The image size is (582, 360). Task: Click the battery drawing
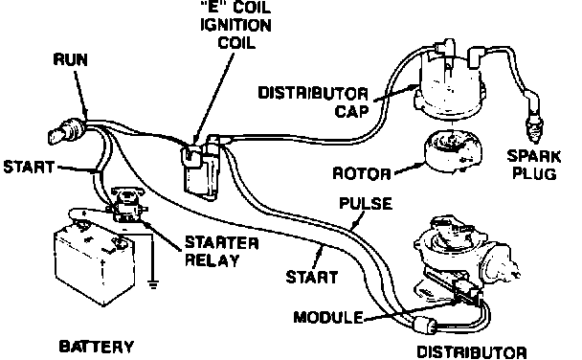pyautogui.click(x=94, y=259)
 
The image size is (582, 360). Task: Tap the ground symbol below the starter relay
pyautogui.click(x=152, y=285)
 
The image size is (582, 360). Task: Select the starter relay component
pyautogui.click(x=127, y=204)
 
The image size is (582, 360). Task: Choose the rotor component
pyautogui.click(x=453, y=151)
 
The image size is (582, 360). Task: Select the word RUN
pyautogui.click(x=71, y=60)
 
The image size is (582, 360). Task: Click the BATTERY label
pyautogui.click(x=97, y=347)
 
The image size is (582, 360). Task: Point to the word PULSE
pyautogui.click(x=366, y=204)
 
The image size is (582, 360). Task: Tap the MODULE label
pyautogui.click(x=328, y=317)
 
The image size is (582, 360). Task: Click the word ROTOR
pyautogui.click(x=362, y=173)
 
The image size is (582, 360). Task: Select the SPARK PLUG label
pyautogui.click(x=534, y=165)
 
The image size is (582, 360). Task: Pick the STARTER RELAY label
pyautogui.click(x=221, y=252)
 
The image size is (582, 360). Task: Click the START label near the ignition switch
pyautogui.click(x=29, y=167)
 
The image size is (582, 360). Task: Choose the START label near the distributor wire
pyautogui.click(x=312, y=278)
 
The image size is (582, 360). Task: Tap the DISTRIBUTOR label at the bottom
pyautogui.click(x=472, y=352)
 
